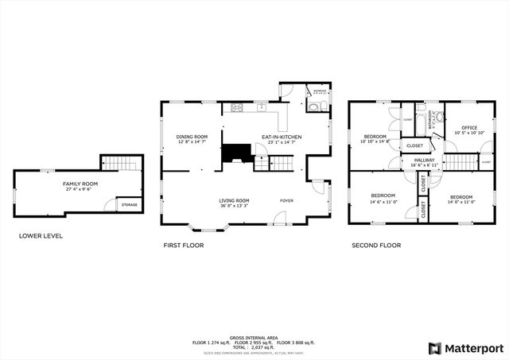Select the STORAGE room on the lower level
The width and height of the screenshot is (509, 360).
pyautogui.click(x=129, y=204)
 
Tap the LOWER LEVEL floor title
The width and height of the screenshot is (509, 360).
pyautogui.click(x=41, y=236)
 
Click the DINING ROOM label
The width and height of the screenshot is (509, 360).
pyautogui.click(x=192, y=137)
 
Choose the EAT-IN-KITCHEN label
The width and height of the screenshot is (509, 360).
pyautogui.click(x=282, y=137)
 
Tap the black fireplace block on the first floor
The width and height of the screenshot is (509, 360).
pyautogui.click(x=235, y=153)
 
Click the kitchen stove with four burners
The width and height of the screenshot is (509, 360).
pyautogui.click(x=236, y=107)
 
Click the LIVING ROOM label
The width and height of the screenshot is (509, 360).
pyautogui.click(x=235, y=200)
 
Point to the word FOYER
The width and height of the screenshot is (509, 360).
pyautogui.click(x=286, y=200)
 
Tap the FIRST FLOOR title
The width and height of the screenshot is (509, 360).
pyautogui.click(x=183, y=246)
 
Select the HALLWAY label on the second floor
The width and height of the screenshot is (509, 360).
pyautogui.click(x=424, y=160)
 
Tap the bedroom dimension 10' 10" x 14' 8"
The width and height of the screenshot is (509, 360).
pyautogui.click(x=375, y=141)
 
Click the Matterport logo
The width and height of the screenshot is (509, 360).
pyautogui.click(x=467, y=347)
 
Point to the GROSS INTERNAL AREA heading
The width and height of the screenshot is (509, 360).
pyautogui.click(x=254, y=336)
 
